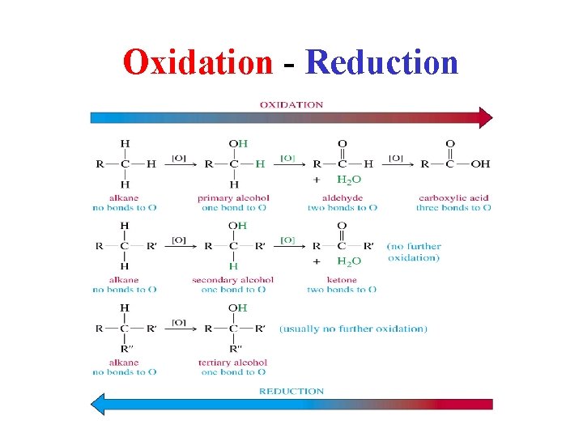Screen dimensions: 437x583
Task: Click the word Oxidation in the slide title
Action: (198, 62)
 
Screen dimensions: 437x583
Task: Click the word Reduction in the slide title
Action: (381, 62)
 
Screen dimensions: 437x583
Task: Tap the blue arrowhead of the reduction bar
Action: (97, 404)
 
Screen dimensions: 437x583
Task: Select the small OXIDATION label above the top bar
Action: (291, 104)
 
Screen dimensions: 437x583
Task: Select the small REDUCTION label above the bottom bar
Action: (291, 391)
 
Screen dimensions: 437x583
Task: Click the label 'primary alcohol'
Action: (233, 197)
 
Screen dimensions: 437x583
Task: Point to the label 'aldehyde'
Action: (342, 197)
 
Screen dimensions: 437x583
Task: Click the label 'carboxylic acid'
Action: (453, 197)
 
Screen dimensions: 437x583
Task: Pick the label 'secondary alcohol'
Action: (233, 280)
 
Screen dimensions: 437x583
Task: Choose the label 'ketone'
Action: (342, 280)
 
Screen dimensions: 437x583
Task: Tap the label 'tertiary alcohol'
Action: (233, 363)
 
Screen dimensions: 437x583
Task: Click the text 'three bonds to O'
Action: (453, 208)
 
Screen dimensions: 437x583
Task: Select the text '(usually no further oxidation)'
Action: (353, 329)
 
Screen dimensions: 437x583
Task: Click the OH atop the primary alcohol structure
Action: (238, 144)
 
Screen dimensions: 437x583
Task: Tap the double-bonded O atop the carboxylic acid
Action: (450, 144)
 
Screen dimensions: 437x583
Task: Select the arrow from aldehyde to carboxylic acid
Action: (396, 163)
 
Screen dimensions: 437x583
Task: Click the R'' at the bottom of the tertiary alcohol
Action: (235, 349)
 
